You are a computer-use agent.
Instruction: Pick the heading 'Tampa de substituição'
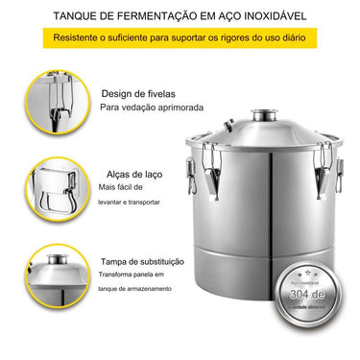(x=143, y=260)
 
